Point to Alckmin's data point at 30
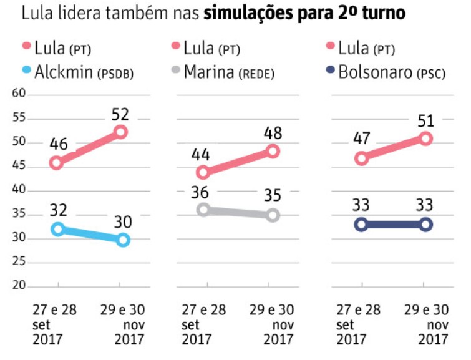(123, 239)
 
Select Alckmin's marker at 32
(57, 229)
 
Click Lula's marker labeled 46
(56, 162)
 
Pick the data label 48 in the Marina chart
(273, 134)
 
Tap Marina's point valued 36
(203, 210)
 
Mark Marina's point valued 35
(273, 215)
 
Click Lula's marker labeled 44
(203, 172)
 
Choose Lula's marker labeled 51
(426, 139)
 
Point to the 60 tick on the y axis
(21, 94)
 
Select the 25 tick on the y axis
(21, 262)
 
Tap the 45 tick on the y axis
(21, 166)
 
